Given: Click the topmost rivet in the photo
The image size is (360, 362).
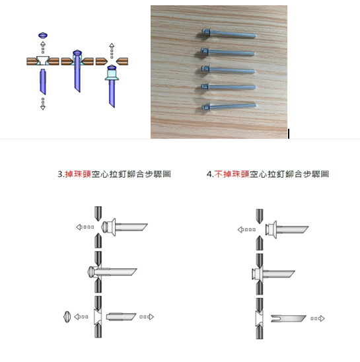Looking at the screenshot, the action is [x=229, y=33].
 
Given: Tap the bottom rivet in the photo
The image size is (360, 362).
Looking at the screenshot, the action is [x=229, y=106].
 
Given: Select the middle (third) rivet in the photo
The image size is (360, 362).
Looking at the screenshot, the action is [x=229, y=69].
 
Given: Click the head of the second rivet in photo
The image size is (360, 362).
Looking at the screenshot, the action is [x=205, y=50].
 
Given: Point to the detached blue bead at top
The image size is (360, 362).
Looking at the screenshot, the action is [x=43, y=35].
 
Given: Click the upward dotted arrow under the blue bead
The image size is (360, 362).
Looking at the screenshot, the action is [x=43, y=48].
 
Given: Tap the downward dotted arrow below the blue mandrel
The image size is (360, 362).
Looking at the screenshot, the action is [x=43, y=104].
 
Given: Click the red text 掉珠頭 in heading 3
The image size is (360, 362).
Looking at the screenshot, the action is [x=78, y=174].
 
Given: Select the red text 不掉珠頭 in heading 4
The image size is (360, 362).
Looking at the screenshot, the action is [x=232, y=174].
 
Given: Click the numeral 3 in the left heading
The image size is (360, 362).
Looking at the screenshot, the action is [x=60, y=174].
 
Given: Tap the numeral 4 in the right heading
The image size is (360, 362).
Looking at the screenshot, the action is [x=209, y=174].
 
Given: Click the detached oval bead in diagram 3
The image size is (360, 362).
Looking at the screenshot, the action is [x=67, y=317].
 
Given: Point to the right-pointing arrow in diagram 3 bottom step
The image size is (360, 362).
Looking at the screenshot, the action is [x=147, y=317].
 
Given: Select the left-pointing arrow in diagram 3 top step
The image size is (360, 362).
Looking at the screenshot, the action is [x=85, y=227].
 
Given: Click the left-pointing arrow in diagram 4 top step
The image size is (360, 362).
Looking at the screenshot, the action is [x=246, y=229].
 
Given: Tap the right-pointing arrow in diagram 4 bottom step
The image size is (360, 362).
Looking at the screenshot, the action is [x=318, y=318].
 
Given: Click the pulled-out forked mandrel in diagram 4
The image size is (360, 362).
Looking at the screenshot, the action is [x=289, y=318].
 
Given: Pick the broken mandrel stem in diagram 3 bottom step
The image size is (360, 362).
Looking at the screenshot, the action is [x=122, y=316].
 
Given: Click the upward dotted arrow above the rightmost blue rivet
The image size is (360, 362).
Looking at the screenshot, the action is [x=112, y=51].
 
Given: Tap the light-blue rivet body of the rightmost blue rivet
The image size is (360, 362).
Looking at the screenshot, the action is [x=112, y=75].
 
